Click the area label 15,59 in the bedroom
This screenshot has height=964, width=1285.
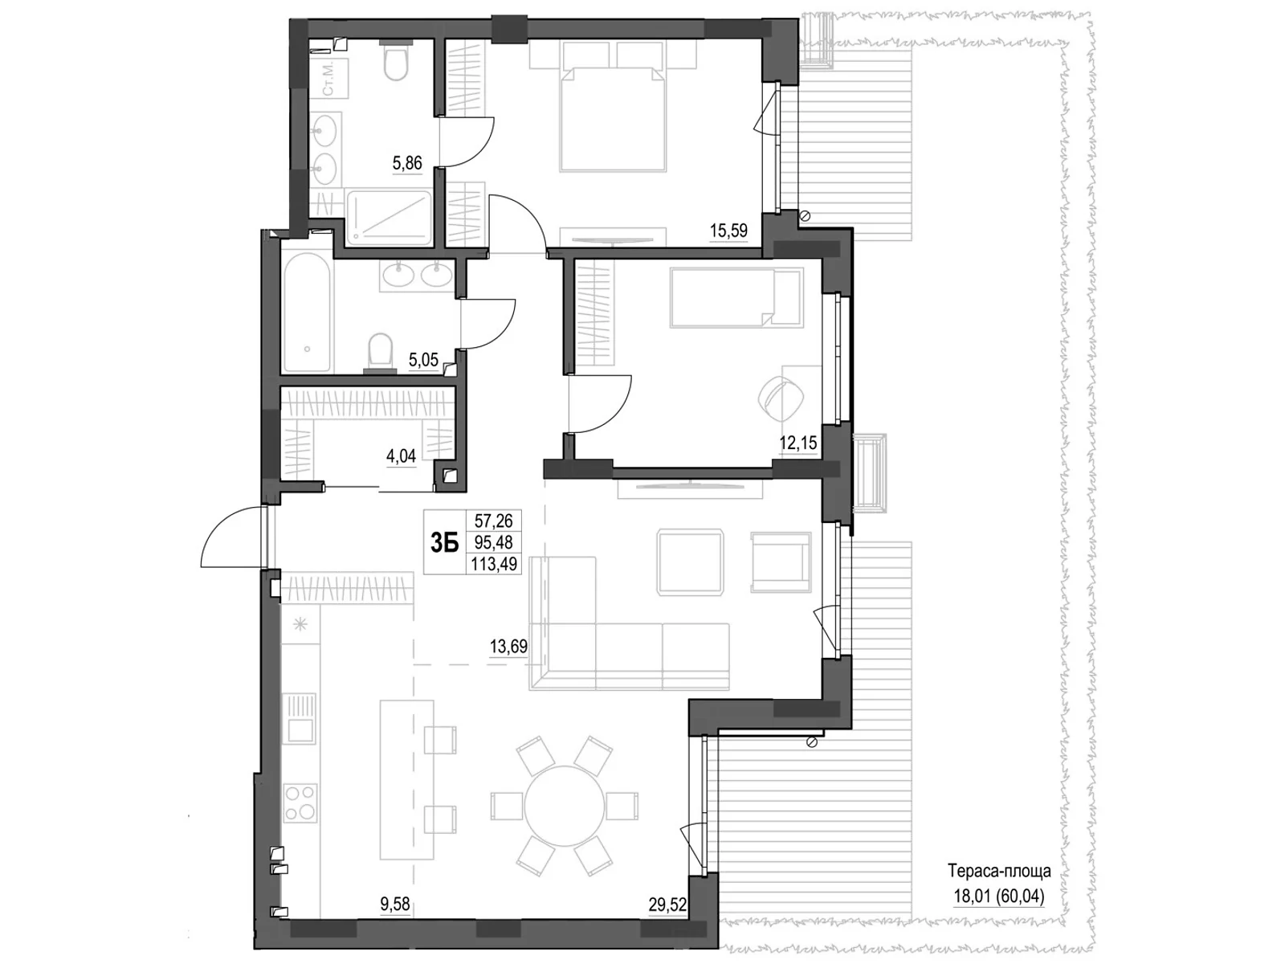pyautogui.click(x=728, y=231)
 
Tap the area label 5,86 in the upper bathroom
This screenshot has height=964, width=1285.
pyautogui.click(x=406, y=164)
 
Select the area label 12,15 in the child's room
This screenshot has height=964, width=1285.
pyautogui.click(x=798, y=442)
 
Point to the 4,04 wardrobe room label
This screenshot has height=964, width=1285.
pyautogui.click(x=402, y=456)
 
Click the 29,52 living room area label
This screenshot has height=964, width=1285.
pyautogui.click(x=667, y=905)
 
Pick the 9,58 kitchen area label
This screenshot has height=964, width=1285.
pyautogui.click(x=395, y=905)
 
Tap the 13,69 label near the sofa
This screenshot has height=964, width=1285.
pyautogui.click(x=508, y=645)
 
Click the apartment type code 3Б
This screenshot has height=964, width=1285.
pyautogui.click(x=444, y=543)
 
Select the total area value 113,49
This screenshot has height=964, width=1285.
pyautogui.click(x=494, y=564)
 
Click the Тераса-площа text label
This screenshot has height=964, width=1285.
pyautogui.click(x=999, y=871)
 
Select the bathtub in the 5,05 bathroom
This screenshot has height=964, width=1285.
pyautogui.click(x=306, y=312)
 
